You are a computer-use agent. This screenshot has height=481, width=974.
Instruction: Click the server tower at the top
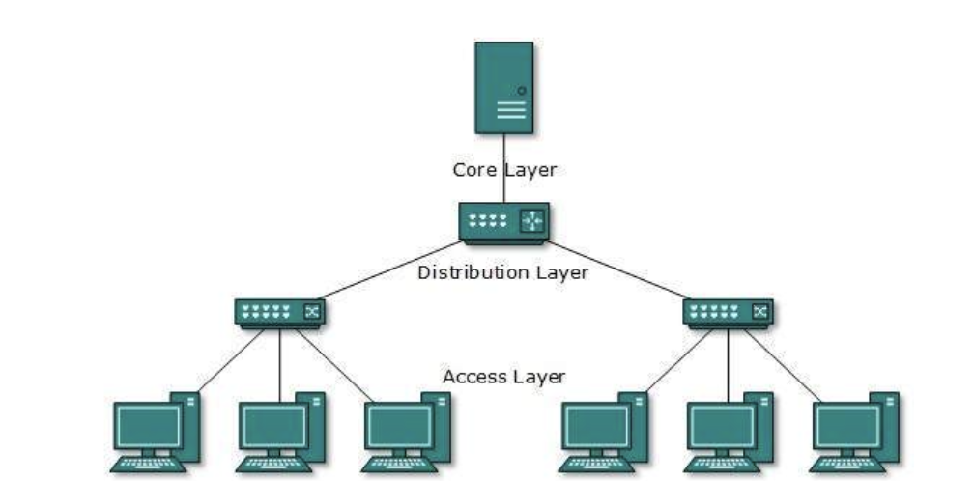point(503,87)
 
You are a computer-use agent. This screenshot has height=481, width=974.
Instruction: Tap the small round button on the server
point(522,91)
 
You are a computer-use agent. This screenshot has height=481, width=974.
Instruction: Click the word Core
point(474,170)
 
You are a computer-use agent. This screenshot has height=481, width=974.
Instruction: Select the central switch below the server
point(503,222)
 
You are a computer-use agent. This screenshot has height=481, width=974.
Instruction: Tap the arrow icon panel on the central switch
point(532,221)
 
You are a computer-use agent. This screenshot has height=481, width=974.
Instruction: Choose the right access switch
point(728,312)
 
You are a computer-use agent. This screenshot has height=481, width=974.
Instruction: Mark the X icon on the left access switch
point(312,311)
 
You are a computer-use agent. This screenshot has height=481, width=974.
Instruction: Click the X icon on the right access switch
point(760,311)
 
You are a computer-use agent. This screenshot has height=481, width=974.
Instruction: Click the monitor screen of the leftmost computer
point(148,425)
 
